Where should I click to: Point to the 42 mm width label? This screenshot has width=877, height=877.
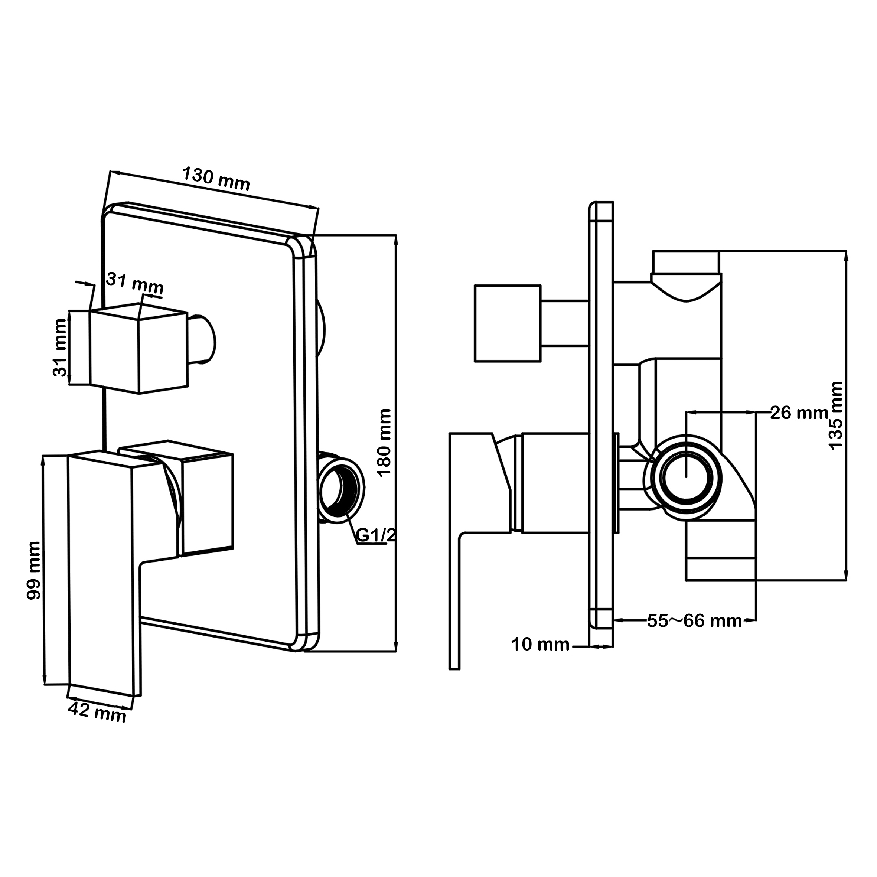tap(97, 712)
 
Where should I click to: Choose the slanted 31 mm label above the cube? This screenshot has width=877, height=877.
tap(135, 283)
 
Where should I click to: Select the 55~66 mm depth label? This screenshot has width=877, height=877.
tap(695, 621)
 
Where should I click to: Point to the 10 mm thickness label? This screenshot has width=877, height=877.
tap(540, 645)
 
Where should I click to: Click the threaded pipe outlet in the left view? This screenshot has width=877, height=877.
tap(340, 487)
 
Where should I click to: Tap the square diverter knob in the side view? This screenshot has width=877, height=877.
tap(508, 323)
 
